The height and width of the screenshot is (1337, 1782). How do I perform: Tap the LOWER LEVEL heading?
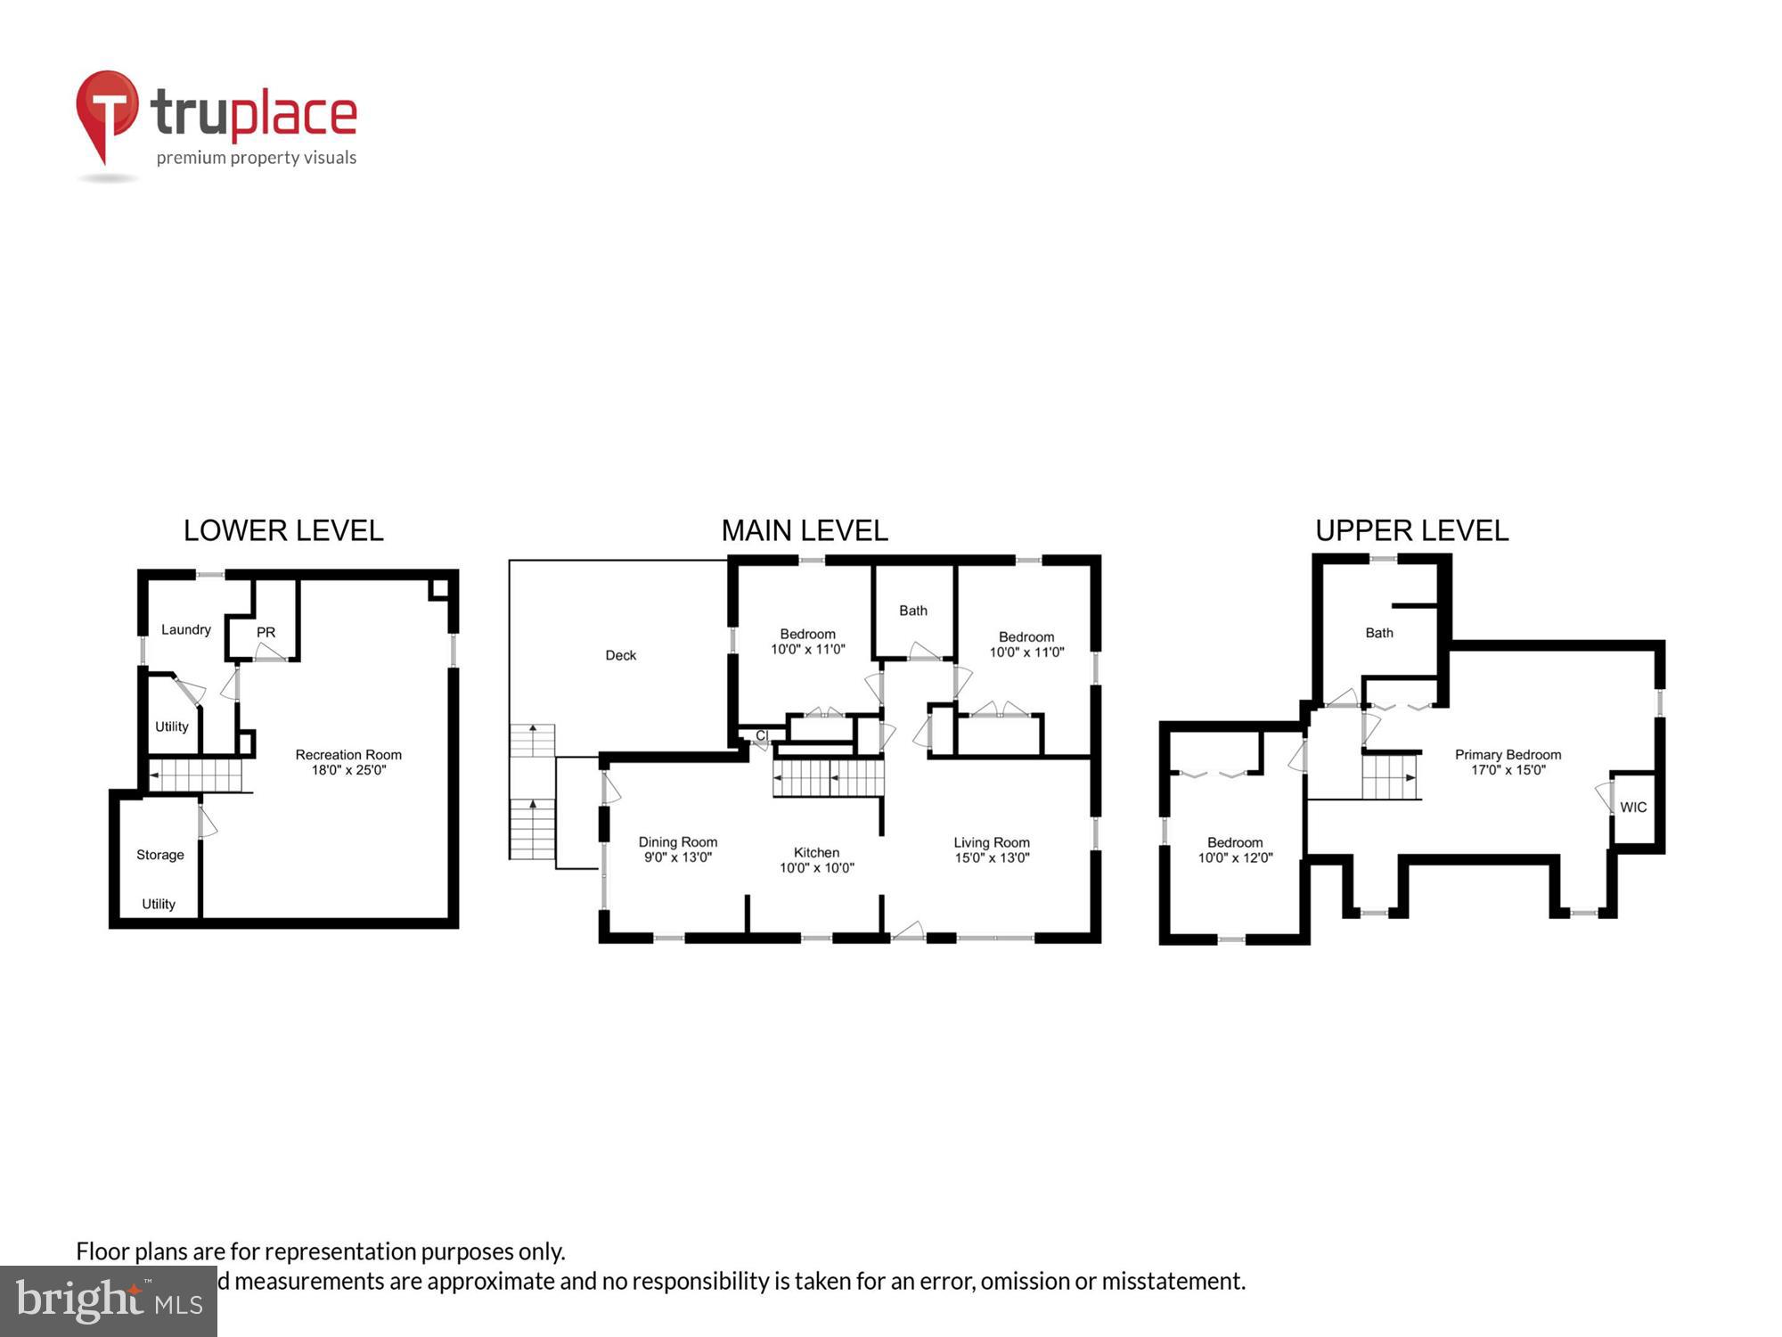283,530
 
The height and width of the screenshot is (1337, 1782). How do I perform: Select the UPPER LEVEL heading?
1411,530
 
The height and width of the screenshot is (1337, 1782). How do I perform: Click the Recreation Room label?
348,762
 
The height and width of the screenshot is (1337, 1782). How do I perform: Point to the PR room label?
266,632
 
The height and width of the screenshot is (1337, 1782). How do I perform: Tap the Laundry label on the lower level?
185,629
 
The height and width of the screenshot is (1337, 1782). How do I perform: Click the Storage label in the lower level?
160,855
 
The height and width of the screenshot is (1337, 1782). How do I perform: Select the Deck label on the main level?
620,655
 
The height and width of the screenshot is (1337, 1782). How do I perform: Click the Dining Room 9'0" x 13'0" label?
677,849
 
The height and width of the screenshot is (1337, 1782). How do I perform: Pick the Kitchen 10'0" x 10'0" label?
816,860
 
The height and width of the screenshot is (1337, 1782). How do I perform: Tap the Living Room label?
991,849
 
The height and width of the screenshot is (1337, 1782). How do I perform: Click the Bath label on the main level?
912,611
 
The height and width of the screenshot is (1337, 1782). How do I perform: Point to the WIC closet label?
1632,808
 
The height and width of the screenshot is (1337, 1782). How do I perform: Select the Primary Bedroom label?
1508,762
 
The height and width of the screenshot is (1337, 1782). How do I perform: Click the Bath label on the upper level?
1378,633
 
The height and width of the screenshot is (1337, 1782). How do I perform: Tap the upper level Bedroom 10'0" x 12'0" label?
1235,849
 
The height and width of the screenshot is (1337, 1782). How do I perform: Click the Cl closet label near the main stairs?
761,735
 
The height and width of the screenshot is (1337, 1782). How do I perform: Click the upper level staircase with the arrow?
1390,777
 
